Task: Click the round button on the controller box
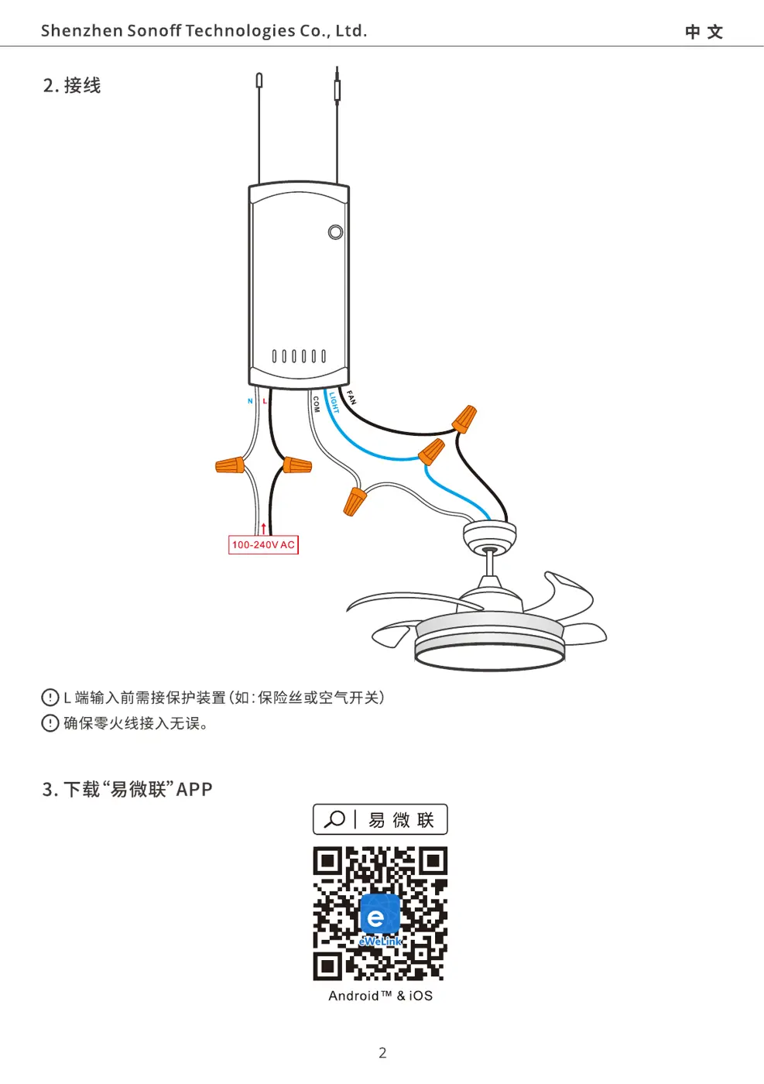[335, 232]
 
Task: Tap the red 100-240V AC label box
[263, 544]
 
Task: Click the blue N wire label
[250, 401]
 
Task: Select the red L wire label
[265, 401]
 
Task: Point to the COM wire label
[316, 404]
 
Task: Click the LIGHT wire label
[334, 402]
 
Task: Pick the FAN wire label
[351, 397]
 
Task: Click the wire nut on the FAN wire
[464, 419]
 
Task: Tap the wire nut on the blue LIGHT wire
[432, 451]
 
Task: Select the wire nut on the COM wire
[355, 502]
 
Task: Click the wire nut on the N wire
[230, 465]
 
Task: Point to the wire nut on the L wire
[297, 465]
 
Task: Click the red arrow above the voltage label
[264, 528]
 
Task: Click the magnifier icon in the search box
[334, 819]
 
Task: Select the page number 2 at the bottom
[382, 1052]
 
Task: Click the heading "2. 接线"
[72, 86]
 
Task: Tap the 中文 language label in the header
[704, 32]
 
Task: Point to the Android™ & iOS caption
[380, 996]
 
